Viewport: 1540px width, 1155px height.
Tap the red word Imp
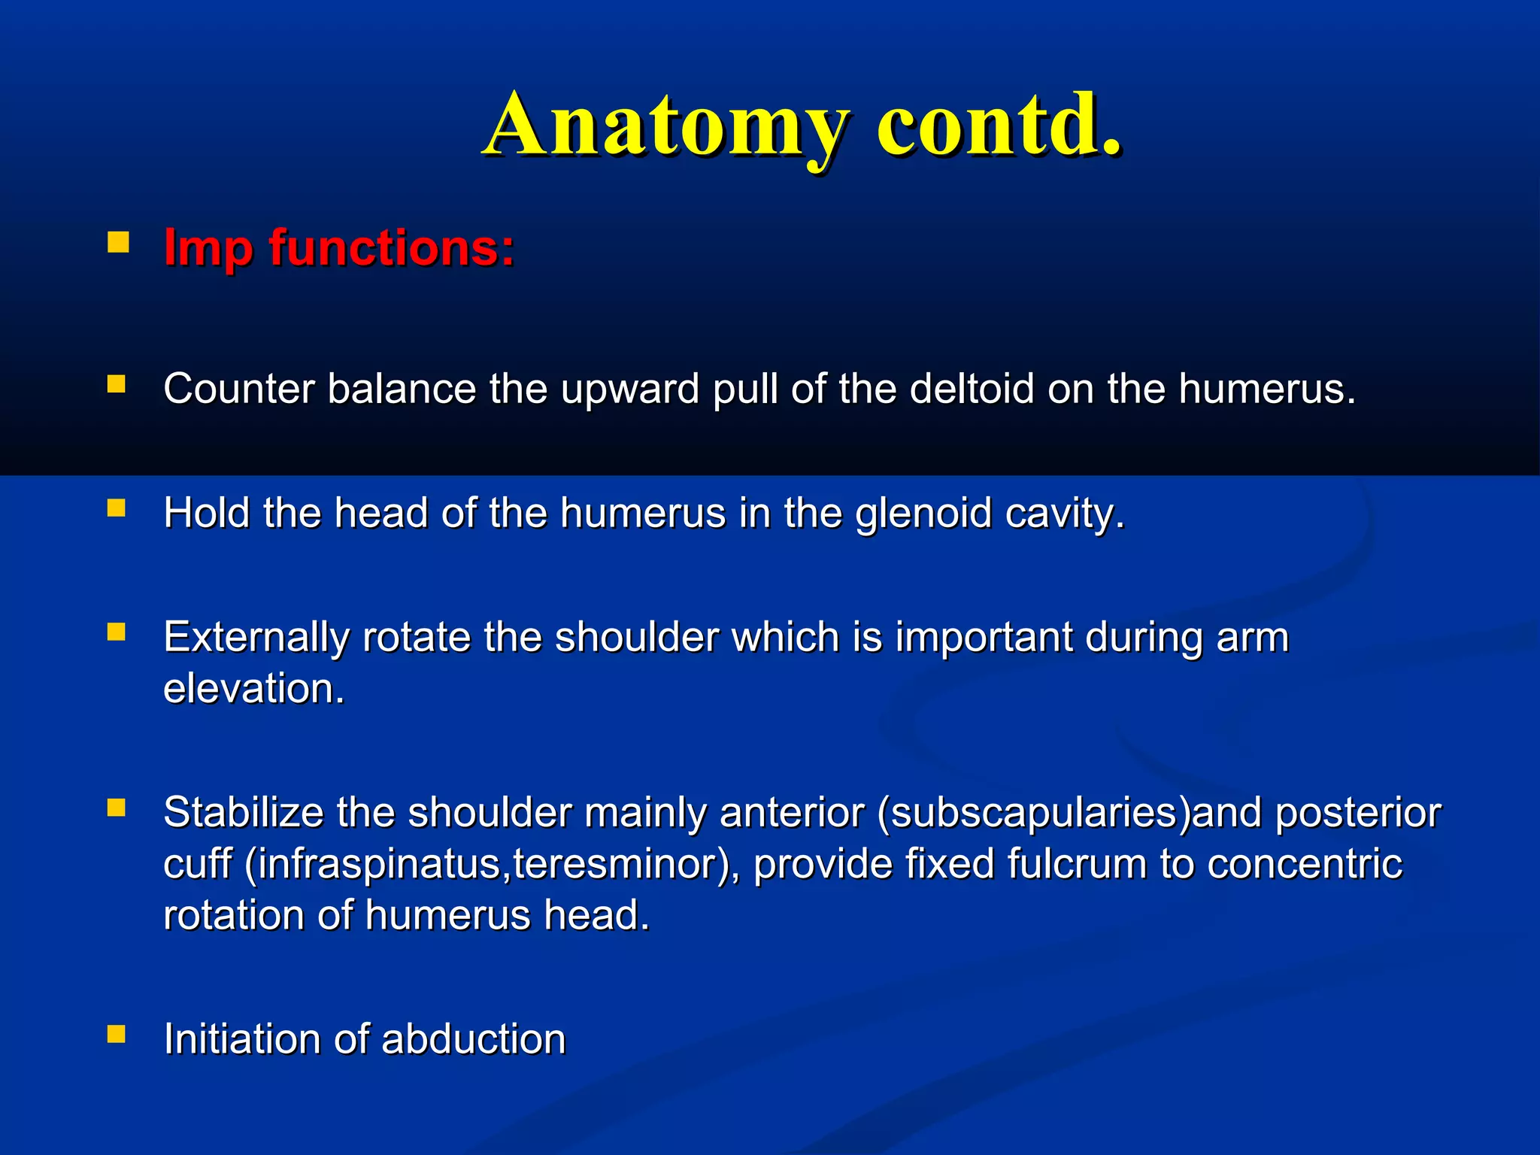208,248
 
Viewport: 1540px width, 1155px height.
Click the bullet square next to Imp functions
117,242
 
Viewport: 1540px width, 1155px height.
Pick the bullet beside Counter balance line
117,385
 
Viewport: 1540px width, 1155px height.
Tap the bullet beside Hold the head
117,509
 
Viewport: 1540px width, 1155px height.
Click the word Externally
256,638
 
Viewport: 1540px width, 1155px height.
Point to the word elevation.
253,688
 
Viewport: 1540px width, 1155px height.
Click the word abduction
473,1039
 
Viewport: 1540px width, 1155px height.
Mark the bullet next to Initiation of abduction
117,1035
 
